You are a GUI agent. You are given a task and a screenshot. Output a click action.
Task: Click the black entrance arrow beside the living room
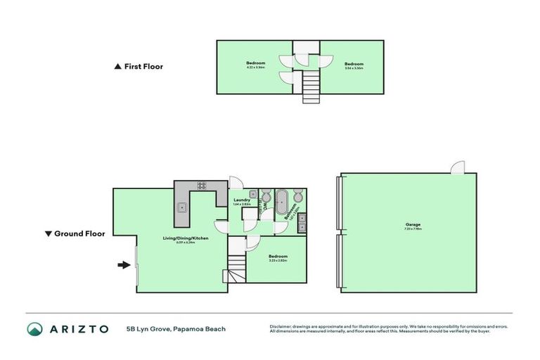click(x=123, y=265)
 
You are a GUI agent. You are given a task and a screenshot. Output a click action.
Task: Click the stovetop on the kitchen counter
click(x=202, y=186)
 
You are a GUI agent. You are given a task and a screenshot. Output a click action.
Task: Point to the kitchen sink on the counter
click(x=181, y=207)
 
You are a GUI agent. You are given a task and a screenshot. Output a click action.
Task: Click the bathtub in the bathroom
click(x=281, y=201)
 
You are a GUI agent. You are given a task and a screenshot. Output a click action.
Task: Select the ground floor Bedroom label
click(x=278, y=257)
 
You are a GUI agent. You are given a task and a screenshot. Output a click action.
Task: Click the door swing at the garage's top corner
click(x=457, y=168)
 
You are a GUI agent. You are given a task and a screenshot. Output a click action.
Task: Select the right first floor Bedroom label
click(x=353, y=65)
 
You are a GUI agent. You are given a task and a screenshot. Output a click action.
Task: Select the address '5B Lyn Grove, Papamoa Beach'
click(x=175, y=329)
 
